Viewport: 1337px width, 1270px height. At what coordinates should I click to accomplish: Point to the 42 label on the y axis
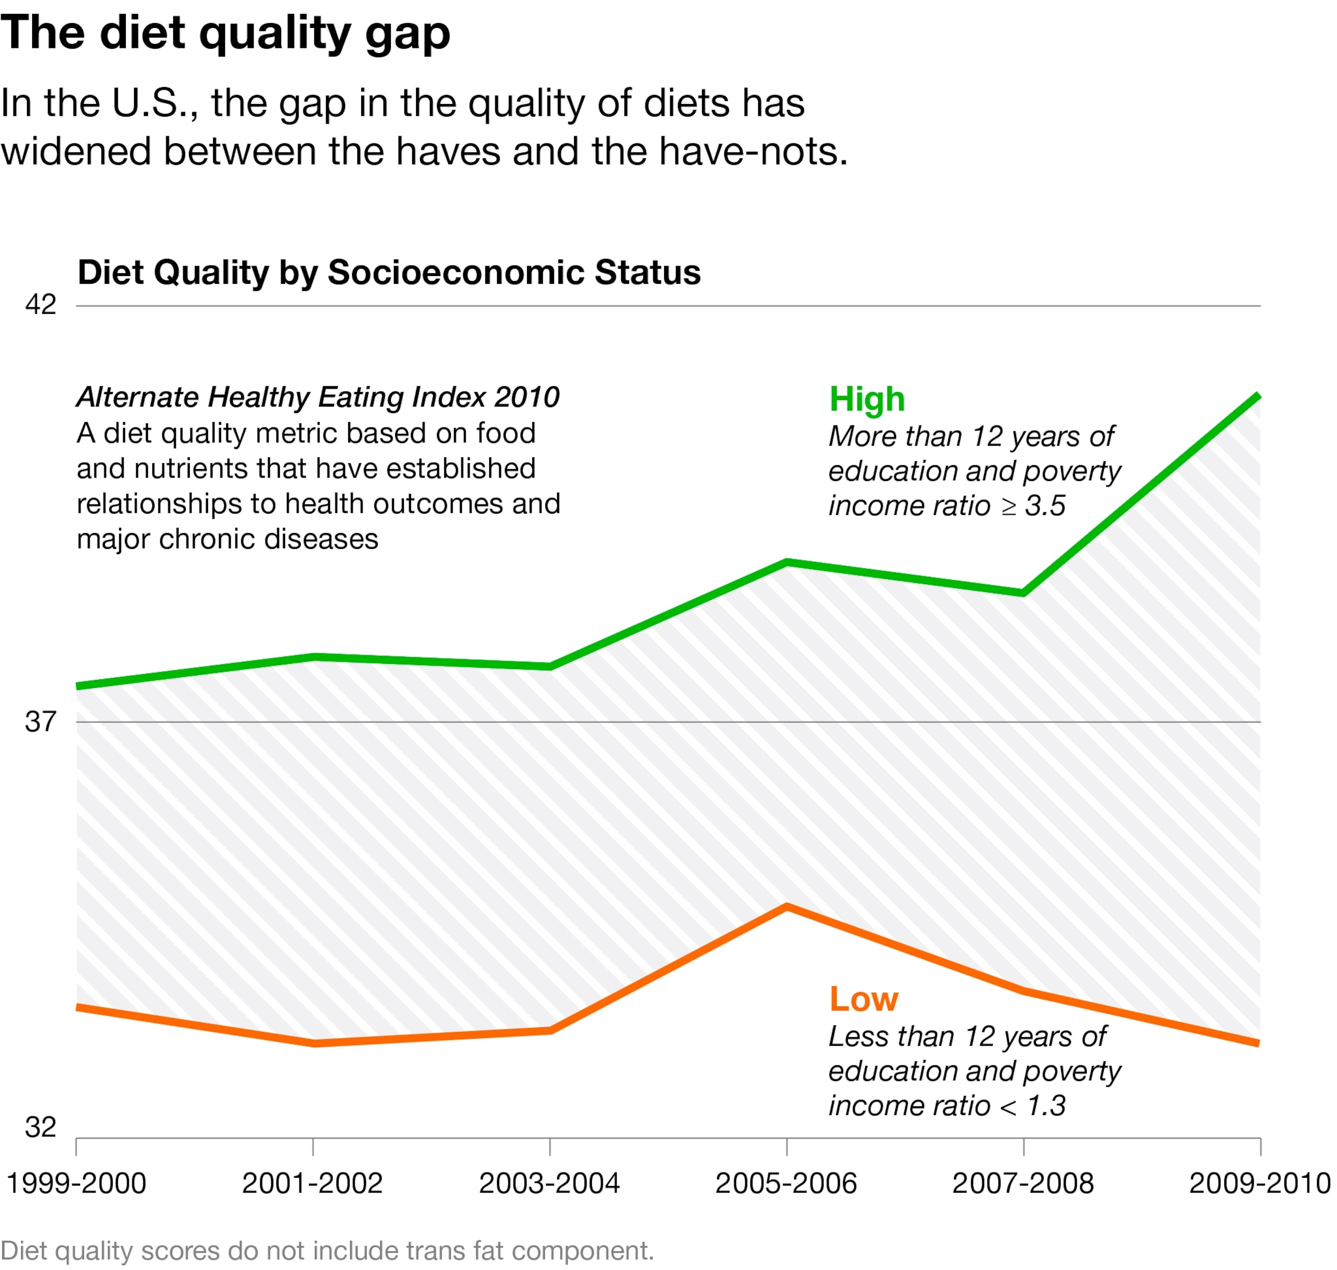40,305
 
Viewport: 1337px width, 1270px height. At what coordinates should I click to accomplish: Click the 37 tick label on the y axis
40,722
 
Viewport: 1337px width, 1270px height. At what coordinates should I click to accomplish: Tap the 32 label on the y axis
40,1127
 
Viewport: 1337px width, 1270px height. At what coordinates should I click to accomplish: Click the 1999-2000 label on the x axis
76,1183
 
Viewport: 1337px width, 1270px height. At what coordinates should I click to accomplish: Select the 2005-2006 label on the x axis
786,1183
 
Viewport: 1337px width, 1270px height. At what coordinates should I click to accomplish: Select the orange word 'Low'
864,999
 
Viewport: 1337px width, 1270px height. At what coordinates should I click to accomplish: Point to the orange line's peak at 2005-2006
786,907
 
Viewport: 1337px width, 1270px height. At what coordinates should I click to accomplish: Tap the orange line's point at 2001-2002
315,1043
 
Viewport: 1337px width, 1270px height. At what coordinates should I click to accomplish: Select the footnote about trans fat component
327,1251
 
